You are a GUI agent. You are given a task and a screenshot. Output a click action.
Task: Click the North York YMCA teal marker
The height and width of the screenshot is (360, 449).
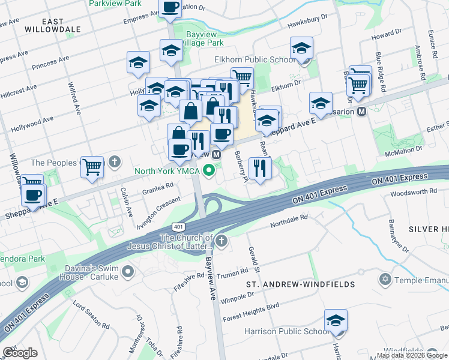(209, 171)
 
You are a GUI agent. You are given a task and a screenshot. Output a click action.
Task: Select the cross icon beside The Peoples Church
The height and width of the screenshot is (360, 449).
(115, 163)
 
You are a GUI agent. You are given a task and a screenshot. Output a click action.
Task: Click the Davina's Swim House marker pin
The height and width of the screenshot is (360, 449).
(127, 273)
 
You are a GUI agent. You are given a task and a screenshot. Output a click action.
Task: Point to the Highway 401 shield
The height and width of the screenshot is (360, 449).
(178, 227)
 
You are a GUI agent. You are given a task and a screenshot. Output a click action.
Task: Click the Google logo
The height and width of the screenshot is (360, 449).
(20, 353)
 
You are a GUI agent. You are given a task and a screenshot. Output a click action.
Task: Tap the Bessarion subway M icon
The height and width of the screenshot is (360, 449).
(361, 112)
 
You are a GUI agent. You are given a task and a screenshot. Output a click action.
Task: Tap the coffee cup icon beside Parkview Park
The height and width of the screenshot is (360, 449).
(170, 8)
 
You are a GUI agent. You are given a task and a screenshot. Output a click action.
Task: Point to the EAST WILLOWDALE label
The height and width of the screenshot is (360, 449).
(45, 25)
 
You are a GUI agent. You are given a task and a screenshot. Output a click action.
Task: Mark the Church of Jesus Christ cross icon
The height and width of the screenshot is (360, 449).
(222, 241)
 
